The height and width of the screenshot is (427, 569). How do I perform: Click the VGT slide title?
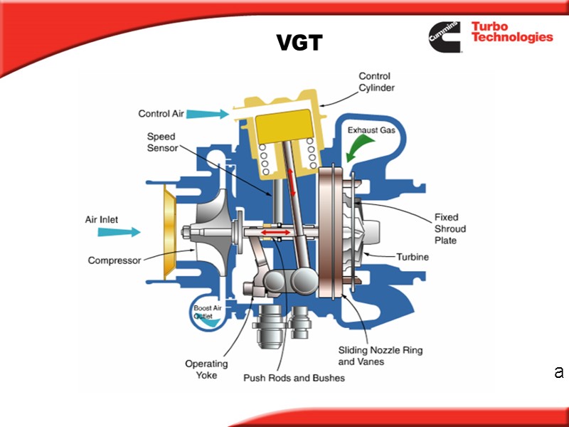pyautogui.click(x=299, y=44)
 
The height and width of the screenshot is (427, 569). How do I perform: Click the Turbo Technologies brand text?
pyautogui.click(x=511, y=33)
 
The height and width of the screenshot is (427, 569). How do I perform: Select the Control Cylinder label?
pyautogui.click(x=376, y=82)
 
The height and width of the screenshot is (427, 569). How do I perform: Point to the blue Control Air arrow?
pyautogui.click(x=208, y=112)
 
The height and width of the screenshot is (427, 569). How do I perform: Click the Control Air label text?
pyautogui.click(x=161, y=113)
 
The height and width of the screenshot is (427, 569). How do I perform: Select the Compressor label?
pyautogui.click(x=115, y=260)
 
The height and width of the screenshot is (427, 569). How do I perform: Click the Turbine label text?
pyautogui.click(x=413, y=257)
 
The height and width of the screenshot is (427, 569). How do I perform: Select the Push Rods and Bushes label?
pyautogui.click(x=294, y=378)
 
